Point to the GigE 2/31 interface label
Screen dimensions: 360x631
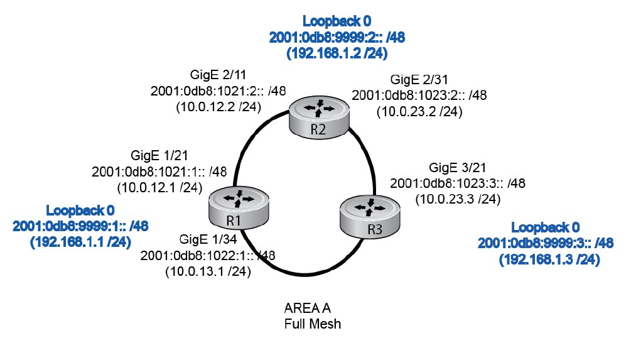pos(419,81)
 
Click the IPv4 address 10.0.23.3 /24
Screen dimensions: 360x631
pos(458,199)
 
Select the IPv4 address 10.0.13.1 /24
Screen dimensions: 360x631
pos(208,272)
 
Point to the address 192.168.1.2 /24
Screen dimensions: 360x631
pos(337,54)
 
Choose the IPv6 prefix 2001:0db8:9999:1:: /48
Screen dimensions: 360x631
pos(80,225)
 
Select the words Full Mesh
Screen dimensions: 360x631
pos(311,324)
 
